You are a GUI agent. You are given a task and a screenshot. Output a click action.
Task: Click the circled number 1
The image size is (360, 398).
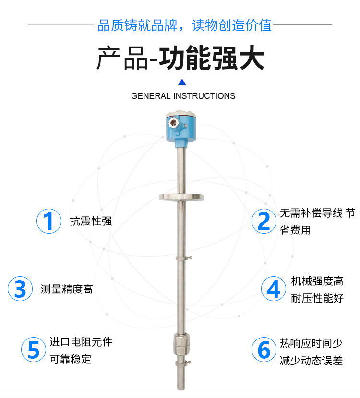click(x=49, y=221)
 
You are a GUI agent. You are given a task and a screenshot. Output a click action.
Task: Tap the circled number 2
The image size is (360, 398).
click(x=264, y=221)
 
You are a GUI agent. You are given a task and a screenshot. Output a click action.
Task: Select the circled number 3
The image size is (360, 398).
click(x=20, y=289)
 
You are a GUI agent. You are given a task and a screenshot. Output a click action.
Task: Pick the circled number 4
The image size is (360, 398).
click(x=274, y=289)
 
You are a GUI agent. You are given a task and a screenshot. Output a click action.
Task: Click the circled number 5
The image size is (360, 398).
click(x=34, y=350)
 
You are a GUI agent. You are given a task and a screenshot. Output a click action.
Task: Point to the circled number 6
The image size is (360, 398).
click(x=264, y=350)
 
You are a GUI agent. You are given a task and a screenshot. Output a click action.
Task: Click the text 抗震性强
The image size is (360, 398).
click(x=91, y=221)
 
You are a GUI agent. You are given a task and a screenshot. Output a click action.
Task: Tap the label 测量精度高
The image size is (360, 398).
click(x=67, y=289)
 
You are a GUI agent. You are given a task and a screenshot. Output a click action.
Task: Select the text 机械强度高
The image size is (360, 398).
click(x=317, y=281)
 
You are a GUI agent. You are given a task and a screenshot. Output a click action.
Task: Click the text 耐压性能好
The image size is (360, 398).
click(x=317, y=298)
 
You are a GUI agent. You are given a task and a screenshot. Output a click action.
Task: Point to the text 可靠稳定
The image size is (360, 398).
click(x=71, y=359)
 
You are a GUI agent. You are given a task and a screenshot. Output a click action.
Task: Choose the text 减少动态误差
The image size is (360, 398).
click(x=311, y=361)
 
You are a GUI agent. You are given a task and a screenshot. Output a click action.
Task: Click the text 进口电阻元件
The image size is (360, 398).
click(x=81, y=342)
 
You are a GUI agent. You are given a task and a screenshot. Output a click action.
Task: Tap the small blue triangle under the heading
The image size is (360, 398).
click(x=182, y=82)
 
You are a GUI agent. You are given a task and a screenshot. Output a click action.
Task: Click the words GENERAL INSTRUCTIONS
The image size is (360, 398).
click(x=183, y=96)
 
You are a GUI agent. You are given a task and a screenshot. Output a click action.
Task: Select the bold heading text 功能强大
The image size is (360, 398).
click(x=212, y=58)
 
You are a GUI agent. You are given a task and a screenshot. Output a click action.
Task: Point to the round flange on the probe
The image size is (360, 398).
click(x=181, y=197)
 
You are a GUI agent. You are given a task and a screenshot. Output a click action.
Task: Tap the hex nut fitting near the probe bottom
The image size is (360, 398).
click(x=181, y=344)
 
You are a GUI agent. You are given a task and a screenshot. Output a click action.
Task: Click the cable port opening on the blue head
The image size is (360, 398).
click(x=174, y=123)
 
